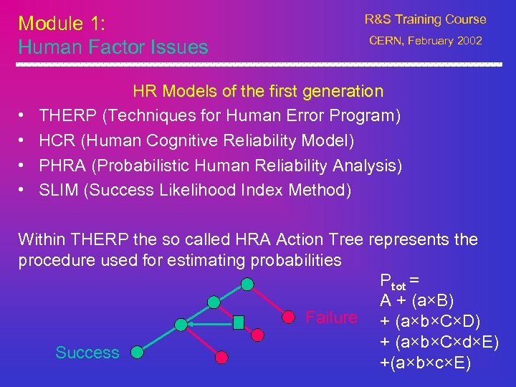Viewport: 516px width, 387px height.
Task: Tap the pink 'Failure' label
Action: [331, 317]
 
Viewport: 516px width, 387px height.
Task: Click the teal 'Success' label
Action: [87, 353]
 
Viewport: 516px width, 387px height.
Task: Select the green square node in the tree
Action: [239, 322]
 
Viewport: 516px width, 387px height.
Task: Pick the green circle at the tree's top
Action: [247, 284]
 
